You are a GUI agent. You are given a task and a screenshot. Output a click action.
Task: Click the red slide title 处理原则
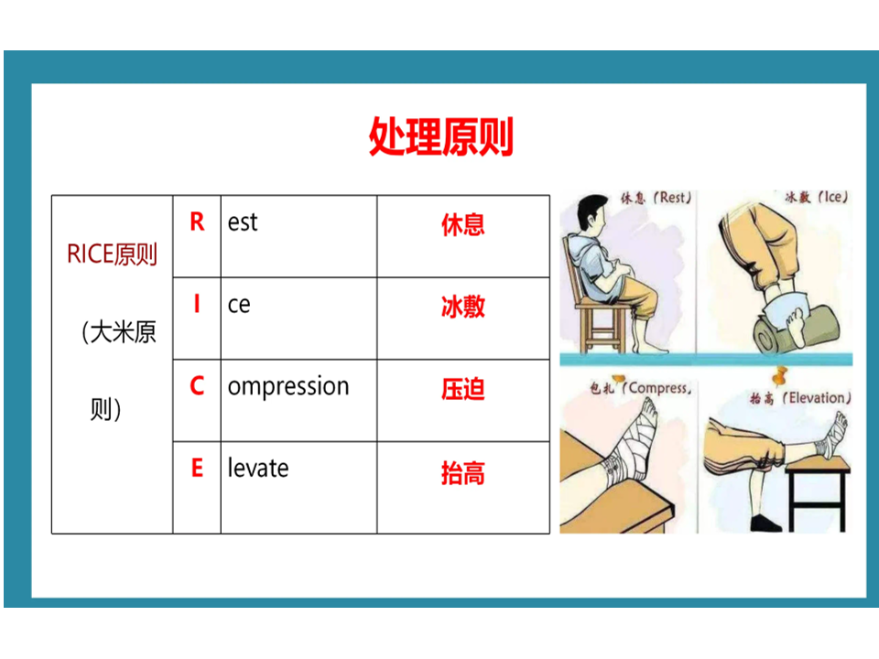coord(440,136)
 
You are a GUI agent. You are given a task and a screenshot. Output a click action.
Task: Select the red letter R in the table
coord(197,221)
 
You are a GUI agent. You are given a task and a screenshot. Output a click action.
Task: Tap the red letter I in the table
coord(197,304)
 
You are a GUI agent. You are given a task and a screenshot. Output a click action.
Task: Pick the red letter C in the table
coord(197,386)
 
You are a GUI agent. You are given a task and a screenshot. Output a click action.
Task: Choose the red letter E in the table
coord(197,468)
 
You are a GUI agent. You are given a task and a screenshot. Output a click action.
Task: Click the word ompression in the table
coord(288,386)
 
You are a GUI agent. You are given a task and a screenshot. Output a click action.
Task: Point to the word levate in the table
coord(258,468)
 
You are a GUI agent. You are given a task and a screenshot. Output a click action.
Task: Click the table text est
coord(242,222)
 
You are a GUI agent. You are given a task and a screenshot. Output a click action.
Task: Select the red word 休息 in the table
coord(462,225)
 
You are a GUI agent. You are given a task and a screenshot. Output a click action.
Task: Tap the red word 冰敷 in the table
coord(462,308)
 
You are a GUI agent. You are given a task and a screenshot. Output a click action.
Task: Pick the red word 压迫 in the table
coord(462,390)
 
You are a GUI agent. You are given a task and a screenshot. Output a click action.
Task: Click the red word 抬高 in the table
coord(462,473)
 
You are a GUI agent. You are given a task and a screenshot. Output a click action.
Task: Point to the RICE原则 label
coord(112,254)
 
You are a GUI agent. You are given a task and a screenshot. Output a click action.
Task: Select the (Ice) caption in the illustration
coord(832,197)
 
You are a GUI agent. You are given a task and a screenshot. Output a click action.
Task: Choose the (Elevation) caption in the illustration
coord(817,398)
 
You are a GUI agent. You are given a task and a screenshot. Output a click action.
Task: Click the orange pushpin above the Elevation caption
coord(780,375)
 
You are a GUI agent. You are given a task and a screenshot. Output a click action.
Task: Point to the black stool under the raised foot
coord(818,493)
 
